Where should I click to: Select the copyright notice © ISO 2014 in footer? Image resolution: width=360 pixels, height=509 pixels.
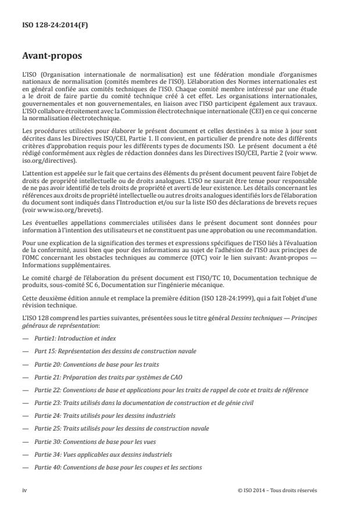277,490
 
